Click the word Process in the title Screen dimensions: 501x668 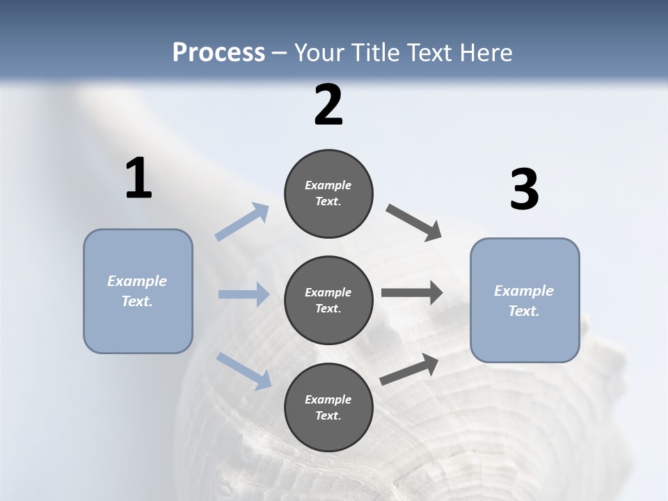pos(218,52)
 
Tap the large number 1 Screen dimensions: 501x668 pos(138,178)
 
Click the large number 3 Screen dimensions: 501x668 pos(524,190)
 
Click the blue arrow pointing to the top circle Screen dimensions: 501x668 pos(242,222)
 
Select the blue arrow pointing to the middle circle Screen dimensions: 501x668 pos(244,294)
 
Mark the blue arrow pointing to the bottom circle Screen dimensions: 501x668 pos(244,370)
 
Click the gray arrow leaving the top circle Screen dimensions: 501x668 pos(413,222)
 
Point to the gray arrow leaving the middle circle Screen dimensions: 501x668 pos(412,293)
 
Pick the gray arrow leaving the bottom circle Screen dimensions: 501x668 pos(409,369)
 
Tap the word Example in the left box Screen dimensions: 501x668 pos(137,281)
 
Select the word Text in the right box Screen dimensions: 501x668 pos(523,311)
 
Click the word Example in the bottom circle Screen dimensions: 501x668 pos(328,399)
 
